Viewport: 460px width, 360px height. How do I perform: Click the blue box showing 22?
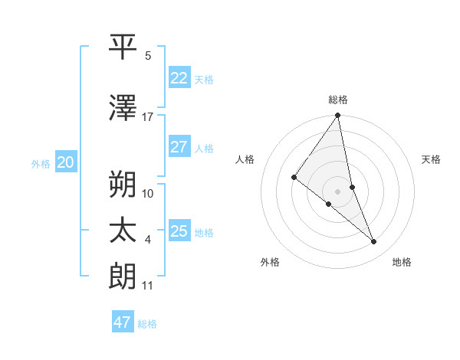(x=179, y=78)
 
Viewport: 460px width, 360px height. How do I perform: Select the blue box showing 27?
(x=179, y=147)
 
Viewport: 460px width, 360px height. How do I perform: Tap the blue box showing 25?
(x=179, y=231)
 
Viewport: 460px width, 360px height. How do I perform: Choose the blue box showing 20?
(x=66, y=162)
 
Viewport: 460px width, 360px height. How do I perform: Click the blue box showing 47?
(x=123, y=322)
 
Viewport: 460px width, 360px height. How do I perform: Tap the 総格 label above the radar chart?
(x=338, y=100)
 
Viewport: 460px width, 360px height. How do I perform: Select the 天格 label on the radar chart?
(x=432, y=159)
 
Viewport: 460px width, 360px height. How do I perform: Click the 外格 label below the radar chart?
(x=270, y=262)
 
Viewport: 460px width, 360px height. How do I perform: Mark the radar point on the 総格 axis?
(x=338, y=116)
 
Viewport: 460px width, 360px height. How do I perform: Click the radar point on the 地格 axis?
(x=374, y=241)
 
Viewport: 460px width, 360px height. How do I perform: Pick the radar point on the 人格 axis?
(x=294, y=177)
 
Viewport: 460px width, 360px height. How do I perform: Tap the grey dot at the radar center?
(x=338, y=191)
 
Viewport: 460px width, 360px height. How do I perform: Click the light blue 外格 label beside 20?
(x=41, y=163)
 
